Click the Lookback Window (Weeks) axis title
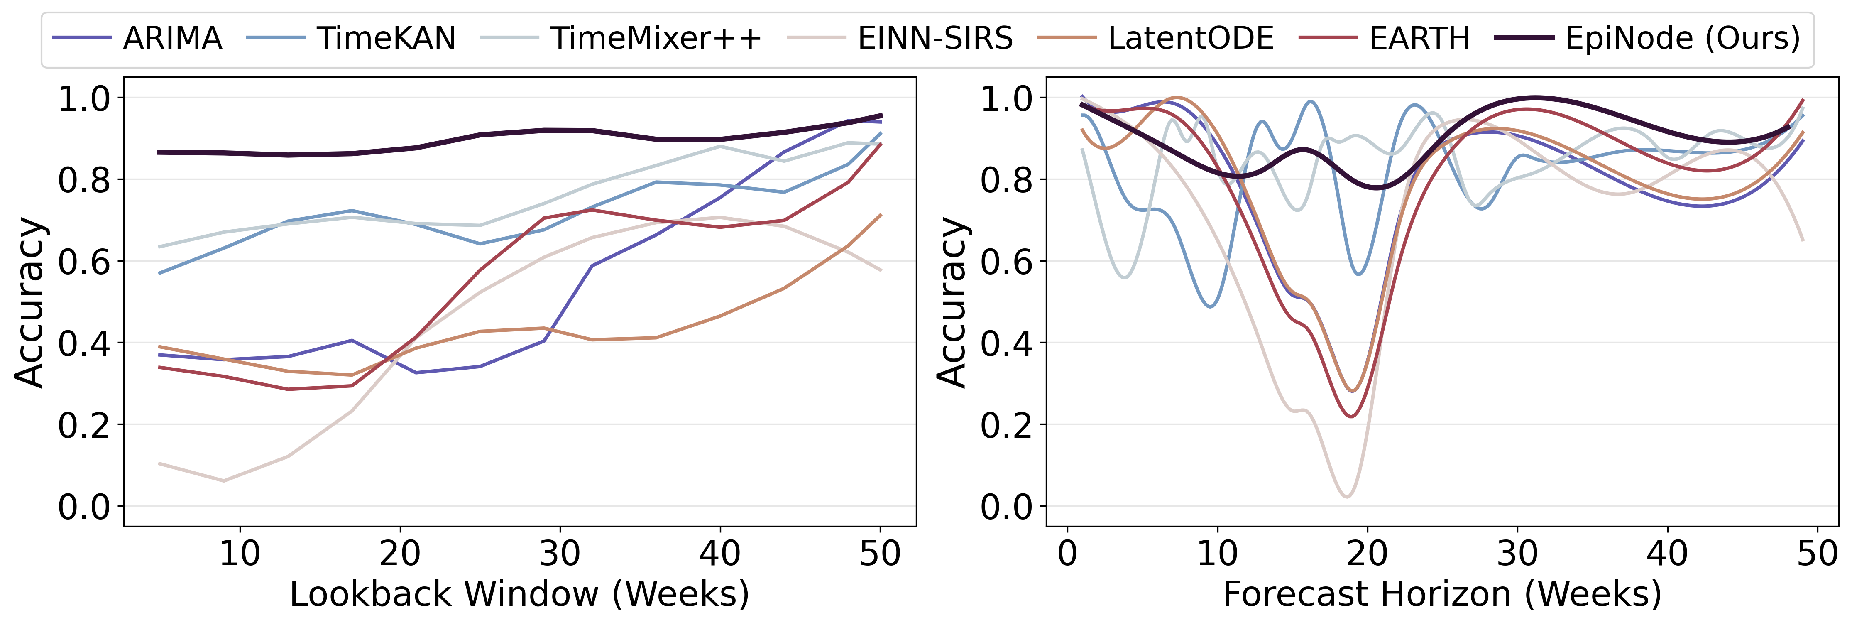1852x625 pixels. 519,595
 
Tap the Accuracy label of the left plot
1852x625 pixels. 30,302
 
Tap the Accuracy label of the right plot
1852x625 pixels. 953,302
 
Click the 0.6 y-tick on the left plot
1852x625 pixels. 84,262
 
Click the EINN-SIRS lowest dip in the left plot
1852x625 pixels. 224,480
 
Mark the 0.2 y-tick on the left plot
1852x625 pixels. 84,425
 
